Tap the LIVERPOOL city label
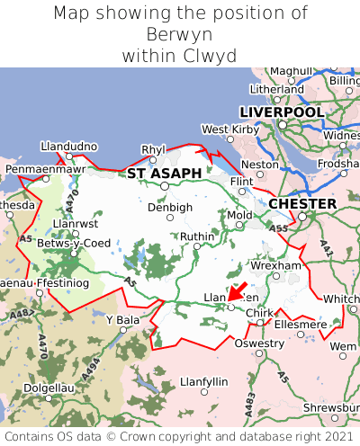click(281, 111)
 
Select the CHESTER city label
click(302, 204)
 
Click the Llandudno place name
click(68, 146)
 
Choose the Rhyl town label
click(154, 149)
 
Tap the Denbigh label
click(169, 207)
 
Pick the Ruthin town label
click(198, 236)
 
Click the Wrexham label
click(275, 266)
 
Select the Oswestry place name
click(258, 343)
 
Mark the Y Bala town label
click(123, 319)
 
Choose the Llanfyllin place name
click(204, 381)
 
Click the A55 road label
click(277, 230)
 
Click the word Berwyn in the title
click(179, 34)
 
